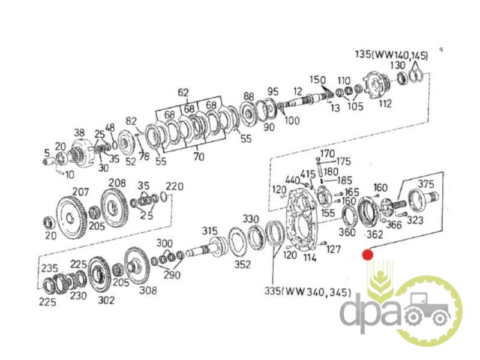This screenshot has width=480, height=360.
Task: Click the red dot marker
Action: coord(367,254)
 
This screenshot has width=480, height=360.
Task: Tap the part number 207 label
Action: coord(80,192)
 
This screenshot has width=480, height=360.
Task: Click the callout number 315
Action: coord(209,231)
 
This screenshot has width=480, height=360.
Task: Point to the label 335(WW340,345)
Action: coord(308,292)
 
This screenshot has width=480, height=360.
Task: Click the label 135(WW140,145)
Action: coord(392,55)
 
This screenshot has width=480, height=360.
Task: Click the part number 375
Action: coord(426,184)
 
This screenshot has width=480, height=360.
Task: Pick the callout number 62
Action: coord(183,92)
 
